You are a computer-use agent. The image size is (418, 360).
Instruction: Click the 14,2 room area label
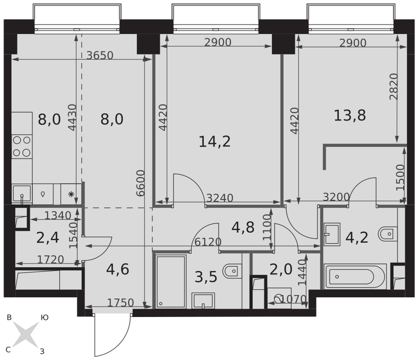coord(214,142)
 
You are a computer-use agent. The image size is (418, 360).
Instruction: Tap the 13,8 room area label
coord(350,116)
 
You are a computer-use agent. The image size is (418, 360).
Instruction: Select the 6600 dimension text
coord(140,183)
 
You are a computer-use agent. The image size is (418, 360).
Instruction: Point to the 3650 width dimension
coord(100,56)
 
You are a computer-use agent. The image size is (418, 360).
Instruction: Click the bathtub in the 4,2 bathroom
coord(355,276)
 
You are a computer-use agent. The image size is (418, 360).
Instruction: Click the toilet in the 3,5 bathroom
coord(232,271)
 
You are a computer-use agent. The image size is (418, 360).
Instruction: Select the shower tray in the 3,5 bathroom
coord(171,282)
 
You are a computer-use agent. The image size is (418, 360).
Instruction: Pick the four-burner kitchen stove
coord(22,147)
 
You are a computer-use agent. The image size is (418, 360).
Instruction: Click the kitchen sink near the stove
coord(22,194)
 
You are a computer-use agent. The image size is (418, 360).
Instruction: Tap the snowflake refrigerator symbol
coord(71,194)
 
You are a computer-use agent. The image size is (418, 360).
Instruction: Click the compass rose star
coord(25,335)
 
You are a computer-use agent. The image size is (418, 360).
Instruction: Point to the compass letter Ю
coord(44,317)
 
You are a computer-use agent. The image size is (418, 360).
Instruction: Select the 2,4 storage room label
coord(48,238)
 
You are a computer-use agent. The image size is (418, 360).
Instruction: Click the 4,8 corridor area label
coord(243,227)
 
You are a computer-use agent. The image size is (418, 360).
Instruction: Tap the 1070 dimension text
coord(293,299)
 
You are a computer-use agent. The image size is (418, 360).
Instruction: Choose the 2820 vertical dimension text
coord(394,86)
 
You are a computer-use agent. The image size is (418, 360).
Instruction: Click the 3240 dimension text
coord(220,198)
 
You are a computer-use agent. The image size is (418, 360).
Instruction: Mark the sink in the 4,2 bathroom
coord(332,234)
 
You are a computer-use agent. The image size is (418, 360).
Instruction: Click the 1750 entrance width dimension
coord(120,302)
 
